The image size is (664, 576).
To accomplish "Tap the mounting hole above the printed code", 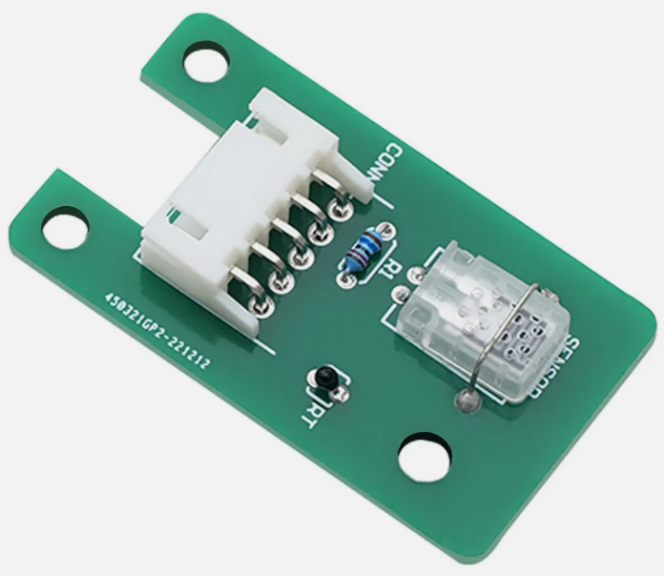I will (x=65, y=231).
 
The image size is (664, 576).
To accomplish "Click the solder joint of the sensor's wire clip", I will (x=467, y=401).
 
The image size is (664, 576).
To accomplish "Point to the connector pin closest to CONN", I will (x=336, y=209).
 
